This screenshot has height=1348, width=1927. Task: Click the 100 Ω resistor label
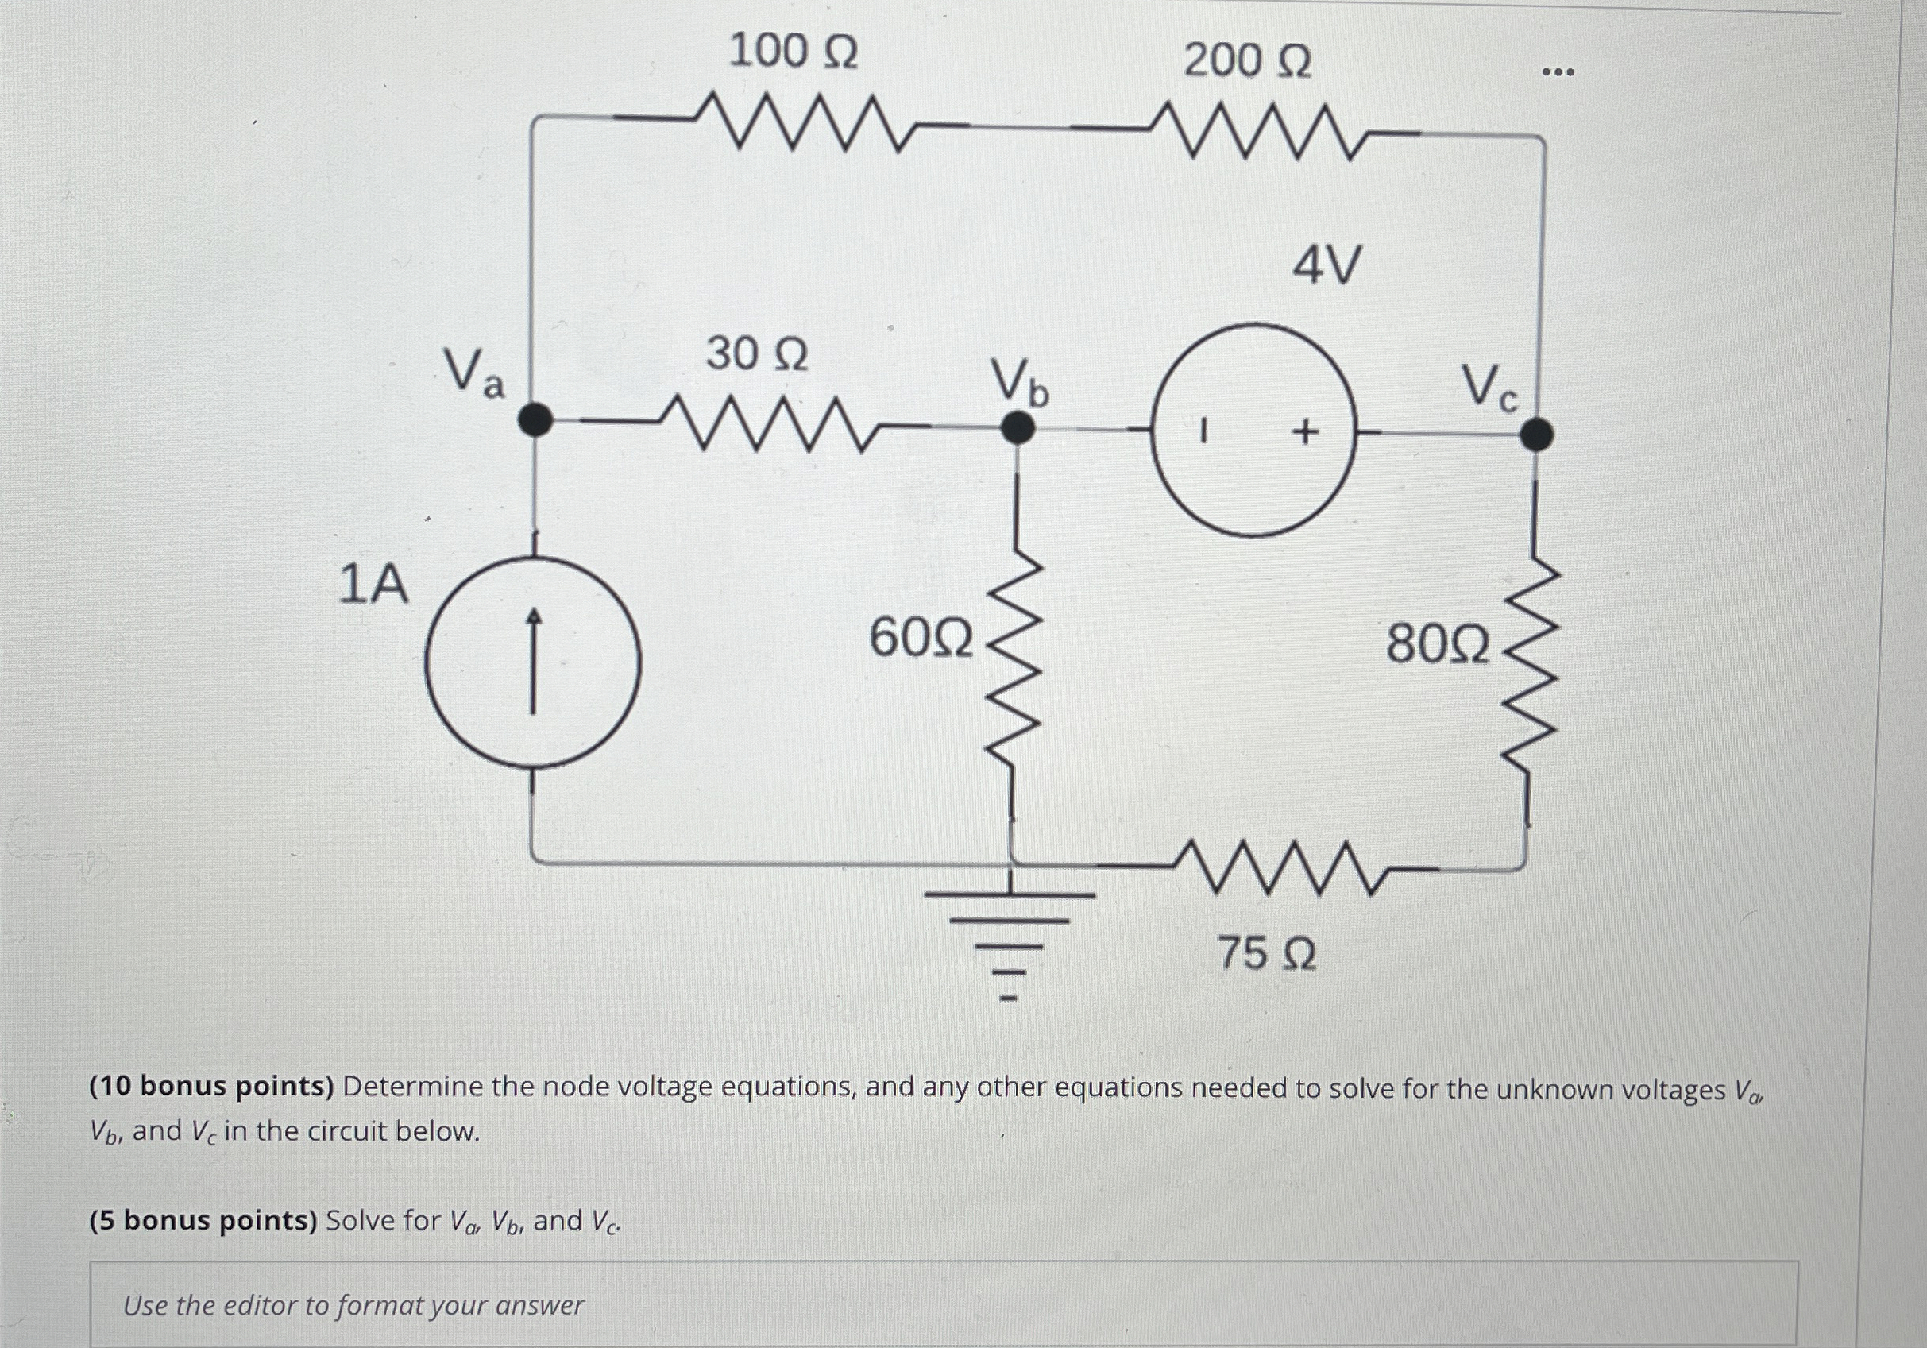794,52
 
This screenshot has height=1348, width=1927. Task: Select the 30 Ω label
757,354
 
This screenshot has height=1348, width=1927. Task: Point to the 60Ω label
921,639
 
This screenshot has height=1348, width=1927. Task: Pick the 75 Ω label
1266,954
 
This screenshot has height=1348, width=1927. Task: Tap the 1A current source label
373,585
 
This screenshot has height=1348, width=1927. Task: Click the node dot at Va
535,419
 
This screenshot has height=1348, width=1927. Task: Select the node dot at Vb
1018,427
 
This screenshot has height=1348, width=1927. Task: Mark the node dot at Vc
1537,435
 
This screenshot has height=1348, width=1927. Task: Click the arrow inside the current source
533,662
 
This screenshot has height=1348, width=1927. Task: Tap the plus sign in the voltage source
1305,432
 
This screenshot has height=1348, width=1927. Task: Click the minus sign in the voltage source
1203,431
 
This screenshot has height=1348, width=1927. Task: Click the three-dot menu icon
1558,73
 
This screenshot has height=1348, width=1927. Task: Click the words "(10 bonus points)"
212,1087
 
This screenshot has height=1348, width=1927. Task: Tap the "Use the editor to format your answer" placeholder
353,1305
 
